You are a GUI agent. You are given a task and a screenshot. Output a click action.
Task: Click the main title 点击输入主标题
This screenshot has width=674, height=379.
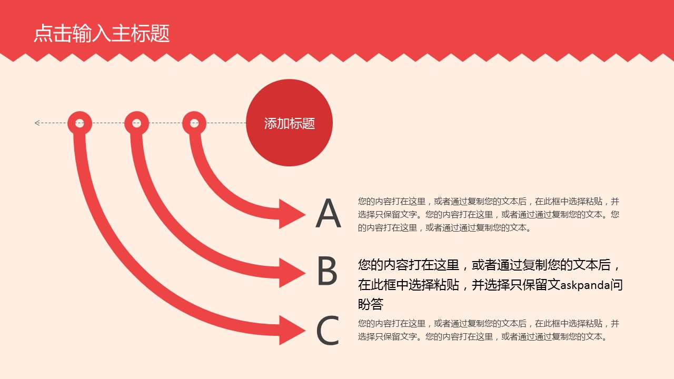[x=102, y=33]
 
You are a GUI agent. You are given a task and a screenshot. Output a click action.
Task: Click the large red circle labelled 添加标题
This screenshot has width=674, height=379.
[x=289, y=123]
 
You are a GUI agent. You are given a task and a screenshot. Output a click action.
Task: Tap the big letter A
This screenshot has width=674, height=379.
[x=328, y=213]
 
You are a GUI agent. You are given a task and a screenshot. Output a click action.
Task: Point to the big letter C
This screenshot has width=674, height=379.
[x=328, y=330]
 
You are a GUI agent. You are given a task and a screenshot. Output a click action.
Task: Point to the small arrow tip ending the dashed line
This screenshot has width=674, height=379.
[x=35, y=123]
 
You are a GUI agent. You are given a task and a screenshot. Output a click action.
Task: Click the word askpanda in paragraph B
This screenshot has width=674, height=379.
[x=585, y=285]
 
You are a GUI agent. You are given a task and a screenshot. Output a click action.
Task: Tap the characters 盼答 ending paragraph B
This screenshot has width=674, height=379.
[x=371, y=304]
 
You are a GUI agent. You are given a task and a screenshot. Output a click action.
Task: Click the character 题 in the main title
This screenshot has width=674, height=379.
[x=160, y=33]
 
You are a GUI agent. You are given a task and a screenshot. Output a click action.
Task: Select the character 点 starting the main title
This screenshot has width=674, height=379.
[x=43, y=33]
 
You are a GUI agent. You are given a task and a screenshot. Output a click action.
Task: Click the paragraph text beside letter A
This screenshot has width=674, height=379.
[x=488, y=214]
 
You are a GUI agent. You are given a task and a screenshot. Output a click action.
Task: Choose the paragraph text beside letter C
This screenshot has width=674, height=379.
[x=488, y=330]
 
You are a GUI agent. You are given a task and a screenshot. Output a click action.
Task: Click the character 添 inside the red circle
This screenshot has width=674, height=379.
[x=270, y=123]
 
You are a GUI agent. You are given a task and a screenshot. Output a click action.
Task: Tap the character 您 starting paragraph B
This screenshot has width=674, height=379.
[x=364, y=265]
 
